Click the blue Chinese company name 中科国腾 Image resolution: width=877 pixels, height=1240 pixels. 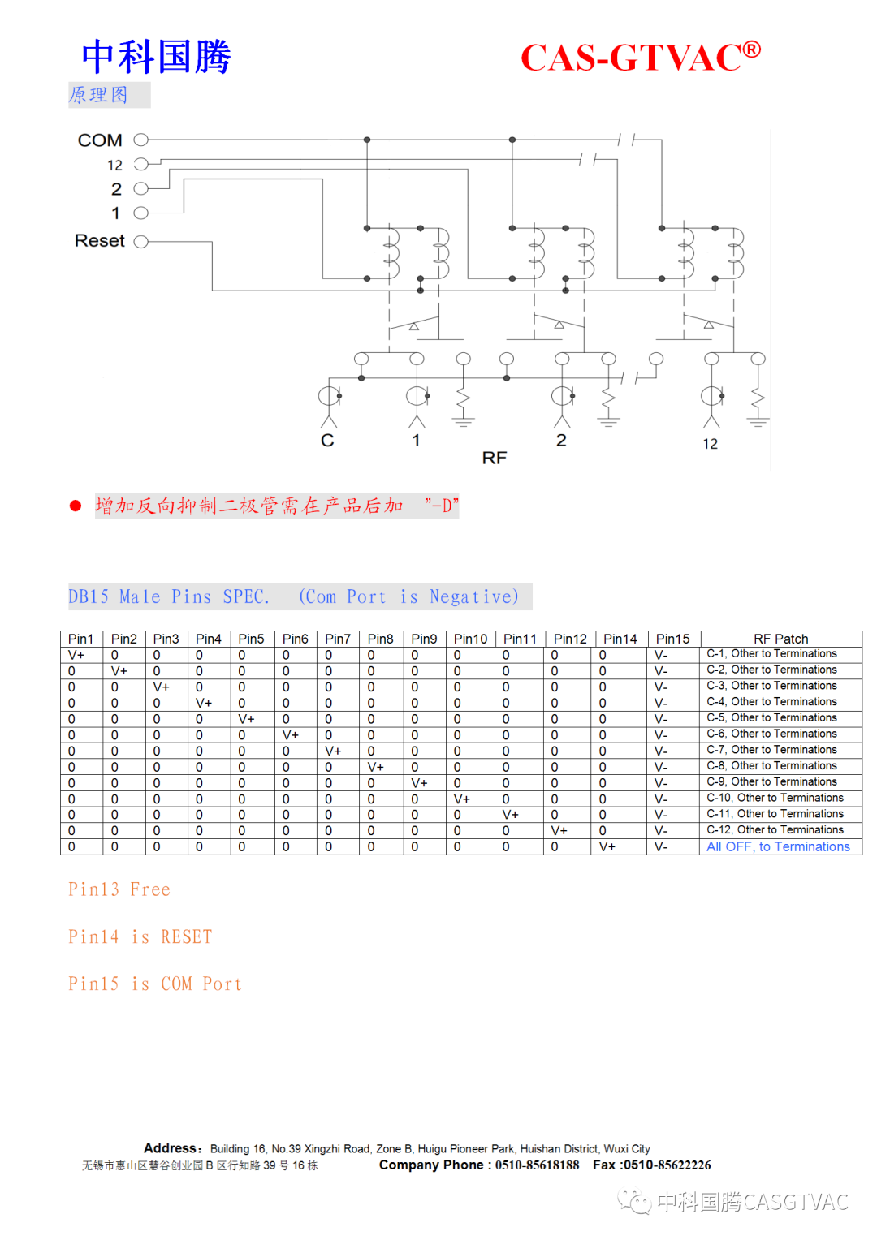(x=156, y=57)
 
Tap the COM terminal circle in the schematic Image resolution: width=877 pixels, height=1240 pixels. (x=140, y=140)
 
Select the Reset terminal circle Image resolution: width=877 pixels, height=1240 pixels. (x=140, y=242)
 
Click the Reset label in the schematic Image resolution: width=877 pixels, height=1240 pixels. (x=99, y=241)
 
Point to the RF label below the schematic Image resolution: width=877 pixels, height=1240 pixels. (x=494, y=459)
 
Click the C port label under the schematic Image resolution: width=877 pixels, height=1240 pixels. (x=327, y=441)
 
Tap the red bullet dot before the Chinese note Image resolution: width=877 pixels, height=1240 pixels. (x=76, y=506)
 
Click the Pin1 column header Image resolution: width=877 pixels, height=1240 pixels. (x=80, y=639)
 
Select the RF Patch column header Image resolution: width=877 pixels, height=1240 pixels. (x=780, y=639)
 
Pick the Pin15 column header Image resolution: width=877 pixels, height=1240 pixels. (x=672, y=639)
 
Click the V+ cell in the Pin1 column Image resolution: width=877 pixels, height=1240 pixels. (x=76, y=655)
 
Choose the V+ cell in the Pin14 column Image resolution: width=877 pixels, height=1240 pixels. (x=607, y=846)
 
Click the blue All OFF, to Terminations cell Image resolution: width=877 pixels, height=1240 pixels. (x=778, y=846)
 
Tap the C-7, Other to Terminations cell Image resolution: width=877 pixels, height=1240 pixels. (x=771, y=750)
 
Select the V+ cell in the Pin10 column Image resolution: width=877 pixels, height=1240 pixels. (x=461, y=799)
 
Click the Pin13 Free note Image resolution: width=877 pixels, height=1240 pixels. (x=119, y=889)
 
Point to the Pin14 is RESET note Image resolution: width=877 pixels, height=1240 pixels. (x=140, y=936)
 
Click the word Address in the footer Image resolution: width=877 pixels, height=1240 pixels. (x=171, y=1148)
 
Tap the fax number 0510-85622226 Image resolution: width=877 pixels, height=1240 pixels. (x=667, y=1165)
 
